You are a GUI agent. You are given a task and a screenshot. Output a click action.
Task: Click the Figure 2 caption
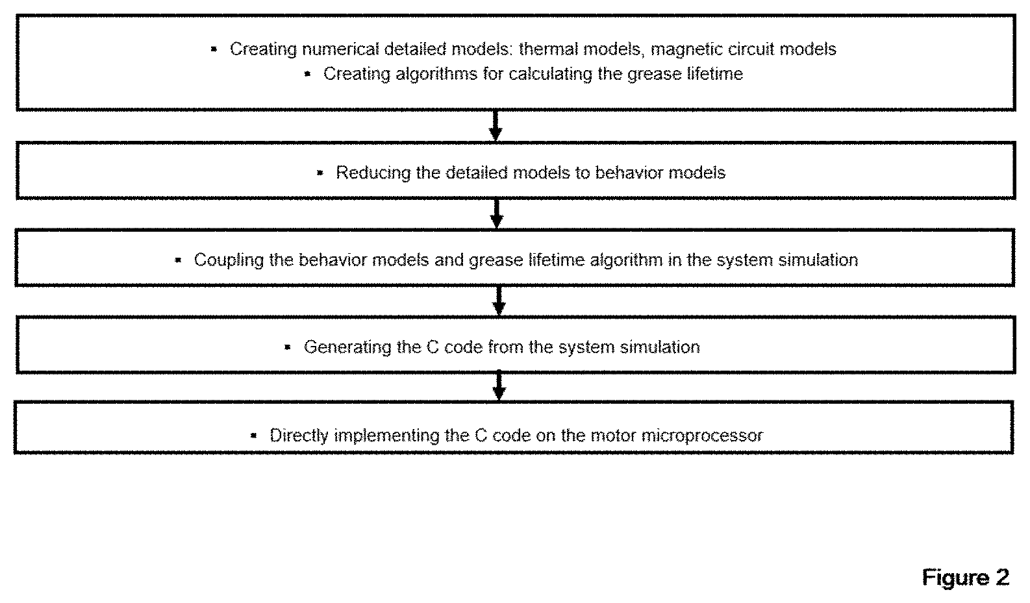tap(965, 577)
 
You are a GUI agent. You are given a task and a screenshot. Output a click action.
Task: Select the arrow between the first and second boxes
tap(496, 125)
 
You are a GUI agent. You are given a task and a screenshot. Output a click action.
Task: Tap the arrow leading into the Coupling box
tap(496, 214)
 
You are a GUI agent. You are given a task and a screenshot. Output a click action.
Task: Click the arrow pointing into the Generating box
tap(499, 301)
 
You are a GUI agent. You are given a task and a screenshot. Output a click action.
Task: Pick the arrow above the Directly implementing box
tap(499, 386)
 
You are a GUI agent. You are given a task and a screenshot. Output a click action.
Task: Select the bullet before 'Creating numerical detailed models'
tap(214, 49)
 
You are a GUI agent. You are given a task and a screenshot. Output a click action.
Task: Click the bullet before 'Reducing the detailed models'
tap(320, 173)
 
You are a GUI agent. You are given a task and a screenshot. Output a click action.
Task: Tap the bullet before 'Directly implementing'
tap(253, 436)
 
